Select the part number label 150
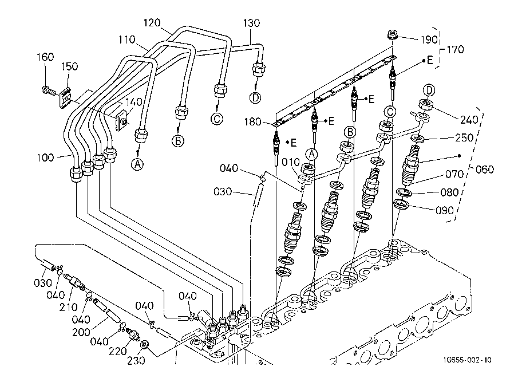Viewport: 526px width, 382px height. [69, 67]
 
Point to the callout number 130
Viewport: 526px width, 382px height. [251, 23]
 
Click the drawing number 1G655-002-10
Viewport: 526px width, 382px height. [466, 360]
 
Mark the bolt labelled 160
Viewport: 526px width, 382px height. [48, 89]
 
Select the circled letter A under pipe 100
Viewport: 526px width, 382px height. [137, 164]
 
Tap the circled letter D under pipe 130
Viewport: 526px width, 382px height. [256, 98]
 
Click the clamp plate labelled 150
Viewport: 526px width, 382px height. [66, 96]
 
